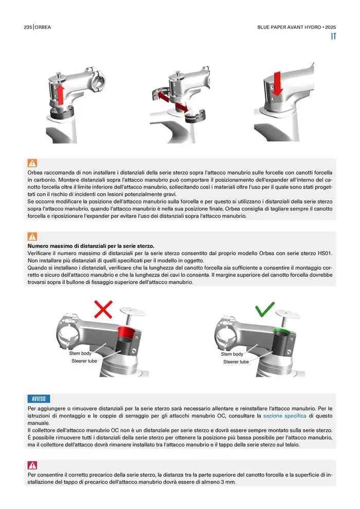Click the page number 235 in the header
coord(28,27)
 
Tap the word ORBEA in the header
coord(43,27)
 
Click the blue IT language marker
coord(333,37)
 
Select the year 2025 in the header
coord(331,27)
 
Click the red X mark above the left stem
coord(103,309)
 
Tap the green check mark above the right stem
coord(264,309)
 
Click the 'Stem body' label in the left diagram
coord(80,353)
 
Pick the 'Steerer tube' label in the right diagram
coord(236,361)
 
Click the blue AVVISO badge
coord(39,398)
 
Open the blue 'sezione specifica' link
coord(285,415)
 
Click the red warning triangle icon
coord(32,465)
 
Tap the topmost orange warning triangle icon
coord(32,163)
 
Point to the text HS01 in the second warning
coord(325,253)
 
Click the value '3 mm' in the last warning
coord(228,482)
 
